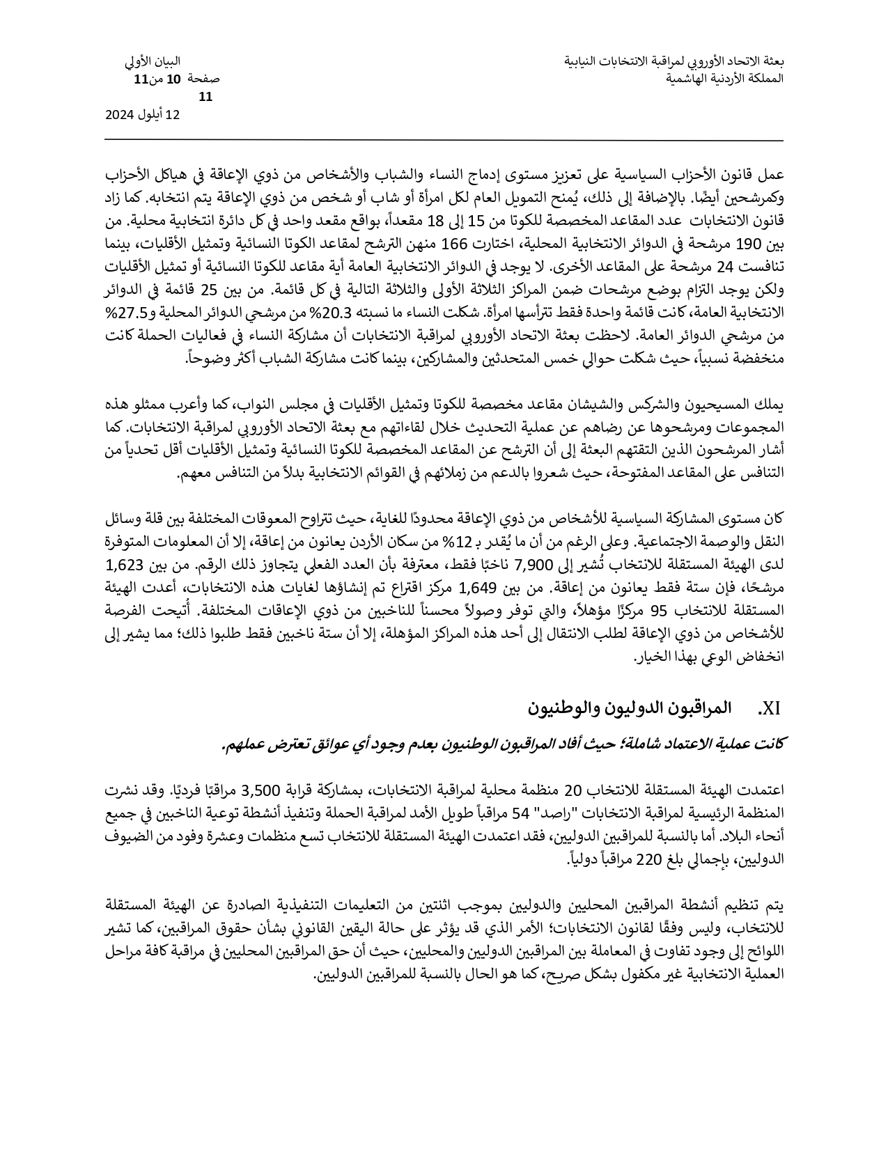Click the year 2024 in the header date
[x=119, y=115]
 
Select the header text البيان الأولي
[x=153, y=62]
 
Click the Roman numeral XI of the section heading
[x=769, y=709]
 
